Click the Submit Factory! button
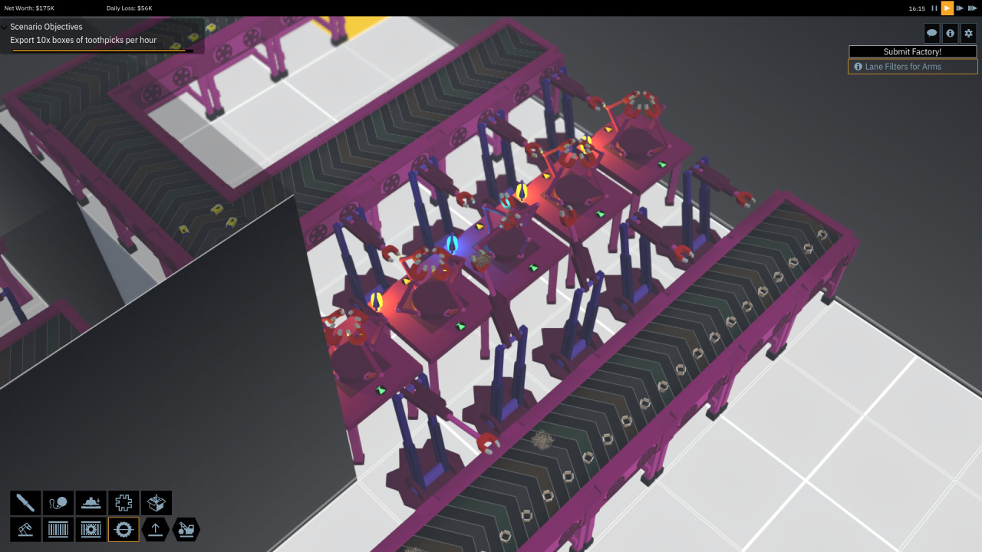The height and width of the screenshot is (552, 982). pyautogui.click(x=912, y=51)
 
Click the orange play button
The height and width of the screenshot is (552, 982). pyautogui.click(x=947, y=8)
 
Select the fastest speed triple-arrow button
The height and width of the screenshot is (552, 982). pyautogui.click(x=972, y=8)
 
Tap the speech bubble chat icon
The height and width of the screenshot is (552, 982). pyautogui.click(x=931, y=33)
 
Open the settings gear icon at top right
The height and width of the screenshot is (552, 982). pyautogui.click(x=968, y=33)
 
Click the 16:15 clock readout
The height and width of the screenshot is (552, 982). pyautogui.click(x=917, y=8)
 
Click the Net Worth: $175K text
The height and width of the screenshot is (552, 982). pyautogui.click(x=29, y=8)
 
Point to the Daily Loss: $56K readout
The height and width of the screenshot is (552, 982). pyautogui.click(x=130, y=8)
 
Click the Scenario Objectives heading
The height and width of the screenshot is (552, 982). pyautogui.click(x=46, y=27)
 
